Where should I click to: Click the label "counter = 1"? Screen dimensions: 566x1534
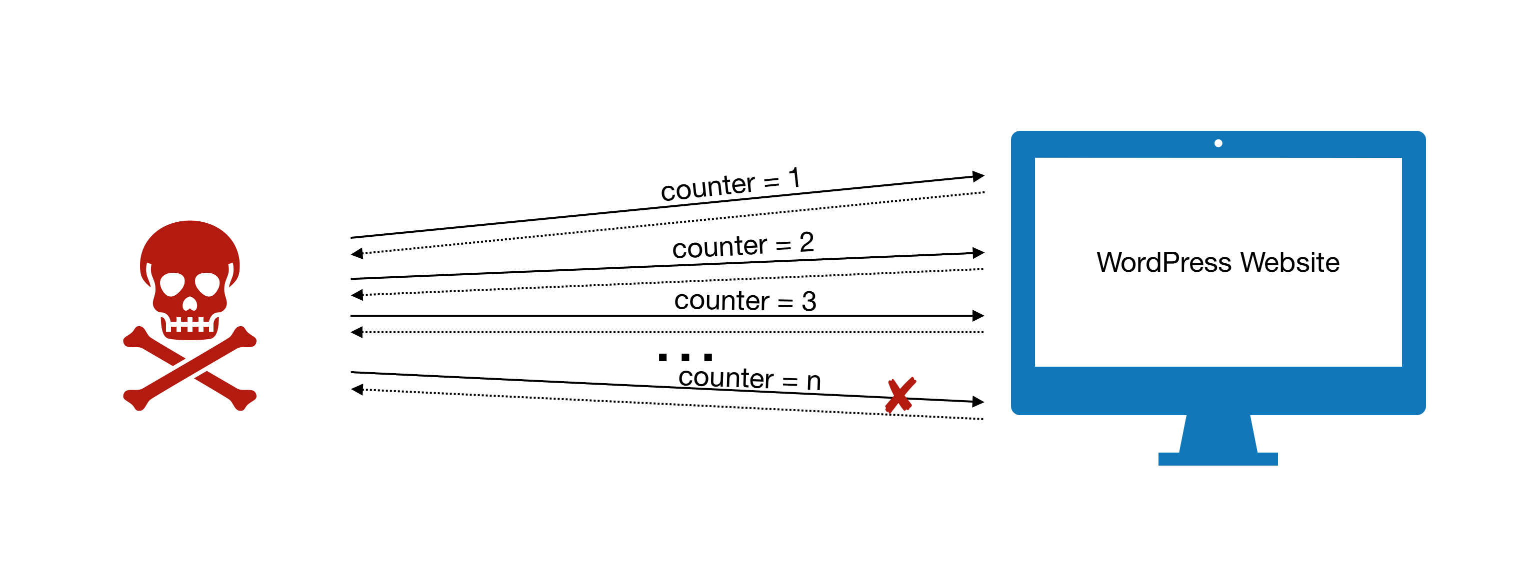click(x=730, y=184)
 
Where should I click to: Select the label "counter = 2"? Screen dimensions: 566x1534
click(x=742, y=245)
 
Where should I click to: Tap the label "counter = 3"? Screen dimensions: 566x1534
click(x=744, y=301)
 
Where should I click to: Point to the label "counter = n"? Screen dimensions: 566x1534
click(x=749, y=379)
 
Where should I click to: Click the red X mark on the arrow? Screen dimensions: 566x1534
click(x=900, y=395)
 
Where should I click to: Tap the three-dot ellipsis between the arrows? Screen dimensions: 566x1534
click(x=685, y=357)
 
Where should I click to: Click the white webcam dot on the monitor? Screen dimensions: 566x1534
click(x=1218, y=143)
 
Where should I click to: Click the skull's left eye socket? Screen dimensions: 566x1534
click(x=172, y=284)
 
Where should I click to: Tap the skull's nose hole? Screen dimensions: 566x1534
click(x=189, y=305)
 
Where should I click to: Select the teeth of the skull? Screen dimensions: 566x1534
click(x=189, y=325)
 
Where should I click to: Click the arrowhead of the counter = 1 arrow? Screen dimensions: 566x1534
click(x=978, y=176)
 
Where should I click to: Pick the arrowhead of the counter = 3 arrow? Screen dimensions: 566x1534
click(x=978, y=315)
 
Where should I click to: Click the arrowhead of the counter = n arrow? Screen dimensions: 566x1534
click(x=978, y=402)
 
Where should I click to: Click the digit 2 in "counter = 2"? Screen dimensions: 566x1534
click(x=806, y=242)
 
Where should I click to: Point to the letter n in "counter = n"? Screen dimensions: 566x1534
click(x=813, y=382)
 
